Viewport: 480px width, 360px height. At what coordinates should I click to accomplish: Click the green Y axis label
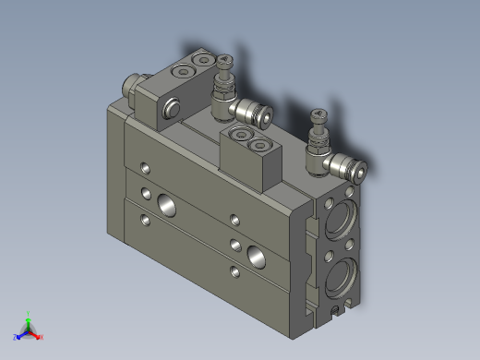29,313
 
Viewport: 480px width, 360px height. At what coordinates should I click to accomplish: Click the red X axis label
42,337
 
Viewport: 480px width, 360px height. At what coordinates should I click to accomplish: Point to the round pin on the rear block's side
172,113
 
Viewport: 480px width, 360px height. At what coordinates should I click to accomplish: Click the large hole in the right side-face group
255,252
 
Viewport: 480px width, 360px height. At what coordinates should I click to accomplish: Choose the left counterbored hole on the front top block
242,137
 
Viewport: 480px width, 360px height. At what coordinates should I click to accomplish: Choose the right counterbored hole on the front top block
260,144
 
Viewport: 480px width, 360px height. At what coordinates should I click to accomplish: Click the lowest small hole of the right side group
232,271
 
